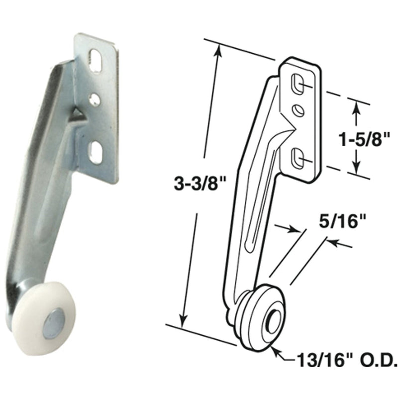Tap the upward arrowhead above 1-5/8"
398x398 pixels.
click(x=355, y=105)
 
